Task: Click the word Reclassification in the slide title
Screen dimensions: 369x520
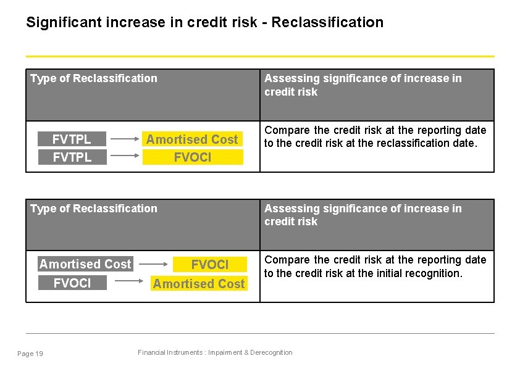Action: pos(327,23)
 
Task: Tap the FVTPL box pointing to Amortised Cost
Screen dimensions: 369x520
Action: pos(72,139)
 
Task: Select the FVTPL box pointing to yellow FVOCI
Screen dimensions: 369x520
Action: pos(72,157)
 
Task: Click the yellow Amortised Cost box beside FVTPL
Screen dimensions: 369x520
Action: pos(192,139)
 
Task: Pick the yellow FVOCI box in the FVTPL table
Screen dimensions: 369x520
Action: pos(192,157)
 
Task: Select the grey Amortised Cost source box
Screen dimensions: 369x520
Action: pos(85,264)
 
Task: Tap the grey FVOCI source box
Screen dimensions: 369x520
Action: pos(72,283)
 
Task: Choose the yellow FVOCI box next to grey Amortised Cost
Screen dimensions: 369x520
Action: pos(209,265)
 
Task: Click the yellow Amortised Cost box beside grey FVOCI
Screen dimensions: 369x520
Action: pos(199,284)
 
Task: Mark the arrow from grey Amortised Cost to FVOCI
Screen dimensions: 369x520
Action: pos(153,265)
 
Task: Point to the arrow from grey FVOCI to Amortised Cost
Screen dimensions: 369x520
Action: pos(130,283)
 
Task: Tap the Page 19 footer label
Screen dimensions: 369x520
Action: pos(30,354)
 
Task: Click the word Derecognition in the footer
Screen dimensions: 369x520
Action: pos(269,352)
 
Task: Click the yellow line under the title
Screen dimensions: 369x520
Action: pos(260,56)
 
